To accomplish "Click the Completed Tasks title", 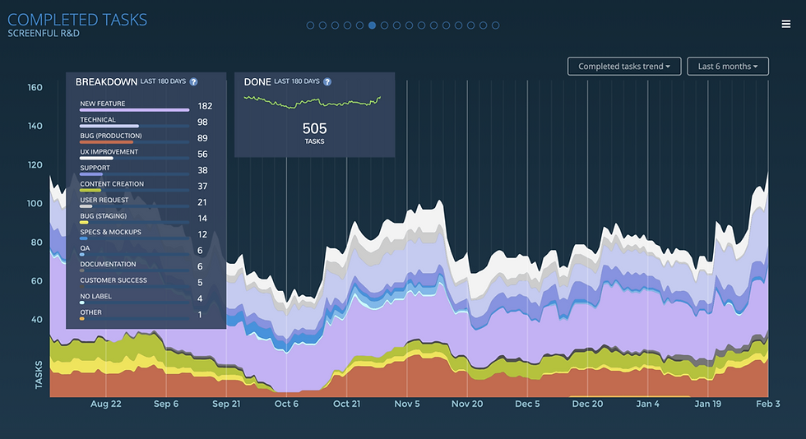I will tap(77, 18).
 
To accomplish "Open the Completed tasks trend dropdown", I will tap(624, 67).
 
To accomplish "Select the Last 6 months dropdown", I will tap(728, 67).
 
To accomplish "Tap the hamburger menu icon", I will tap(786, 24).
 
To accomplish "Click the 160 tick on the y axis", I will tap(35, 88).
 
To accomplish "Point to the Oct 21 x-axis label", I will tap(346, 404).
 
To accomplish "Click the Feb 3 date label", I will tap(767, 404).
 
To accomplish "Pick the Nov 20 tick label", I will tap(466, 404).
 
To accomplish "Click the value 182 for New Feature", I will tap(205, 106).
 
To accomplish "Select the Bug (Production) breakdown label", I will tap(110, 136).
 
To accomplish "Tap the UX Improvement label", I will tap(109, 152).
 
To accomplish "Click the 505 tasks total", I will tap(314, 128).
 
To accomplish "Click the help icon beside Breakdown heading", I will tap(193, 82).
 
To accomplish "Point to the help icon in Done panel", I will tap(327, 82).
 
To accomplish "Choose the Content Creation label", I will tap(112, 184).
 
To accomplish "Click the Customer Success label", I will tap(113, 280).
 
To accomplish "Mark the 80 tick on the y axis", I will tap(36, 243).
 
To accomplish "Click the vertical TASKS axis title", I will tap(39, 374).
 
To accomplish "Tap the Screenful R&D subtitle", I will tap(44, 34).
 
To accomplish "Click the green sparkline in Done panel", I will tap(313, 102).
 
